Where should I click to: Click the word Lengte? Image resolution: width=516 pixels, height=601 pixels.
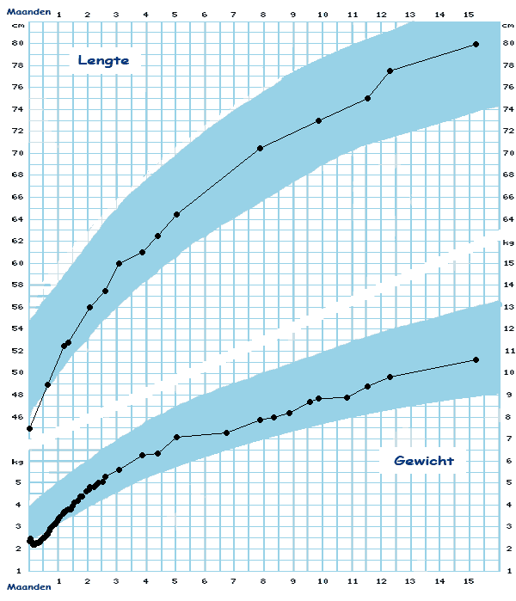(x=102, y=60)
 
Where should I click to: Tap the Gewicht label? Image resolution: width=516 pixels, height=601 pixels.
(x=423, y=461)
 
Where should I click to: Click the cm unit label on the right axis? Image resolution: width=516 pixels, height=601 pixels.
(x=507, y=25)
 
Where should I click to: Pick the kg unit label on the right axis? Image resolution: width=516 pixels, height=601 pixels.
(x=507, y=243)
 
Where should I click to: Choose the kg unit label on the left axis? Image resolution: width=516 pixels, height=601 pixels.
(x=15, y=461)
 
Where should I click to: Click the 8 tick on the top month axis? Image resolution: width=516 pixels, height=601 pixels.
(x=262, y=15)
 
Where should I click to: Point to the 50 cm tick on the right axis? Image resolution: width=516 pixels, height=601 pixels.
(x=508, y=372)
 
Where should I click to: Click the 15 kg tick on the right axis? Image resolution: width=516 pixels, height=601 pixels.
(x=508, y=263)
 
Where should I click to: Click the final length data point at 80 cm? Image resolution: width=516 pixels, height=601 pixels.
(x=476, y=44)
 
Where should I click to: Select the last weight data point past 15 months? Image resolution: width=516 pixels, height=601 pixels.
(x=476, y=359)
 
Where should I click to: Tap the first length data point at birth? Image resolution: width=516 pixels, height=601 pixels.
(x=30, y=428)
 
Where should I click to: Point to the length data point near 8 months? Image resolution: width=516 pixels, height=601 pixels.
(x=260, y=148)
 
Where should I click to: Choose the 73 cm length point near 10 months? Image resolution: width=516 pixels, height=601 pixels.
(x=319, y=120)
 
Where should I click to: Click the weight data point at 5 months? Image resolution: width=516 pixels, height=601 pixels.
(x=176, y=437)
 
